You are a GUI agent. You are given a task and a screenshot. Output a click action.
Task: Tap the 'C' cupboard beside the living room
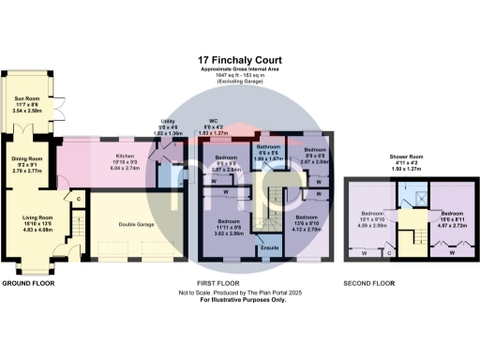[x=79, y=199]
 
